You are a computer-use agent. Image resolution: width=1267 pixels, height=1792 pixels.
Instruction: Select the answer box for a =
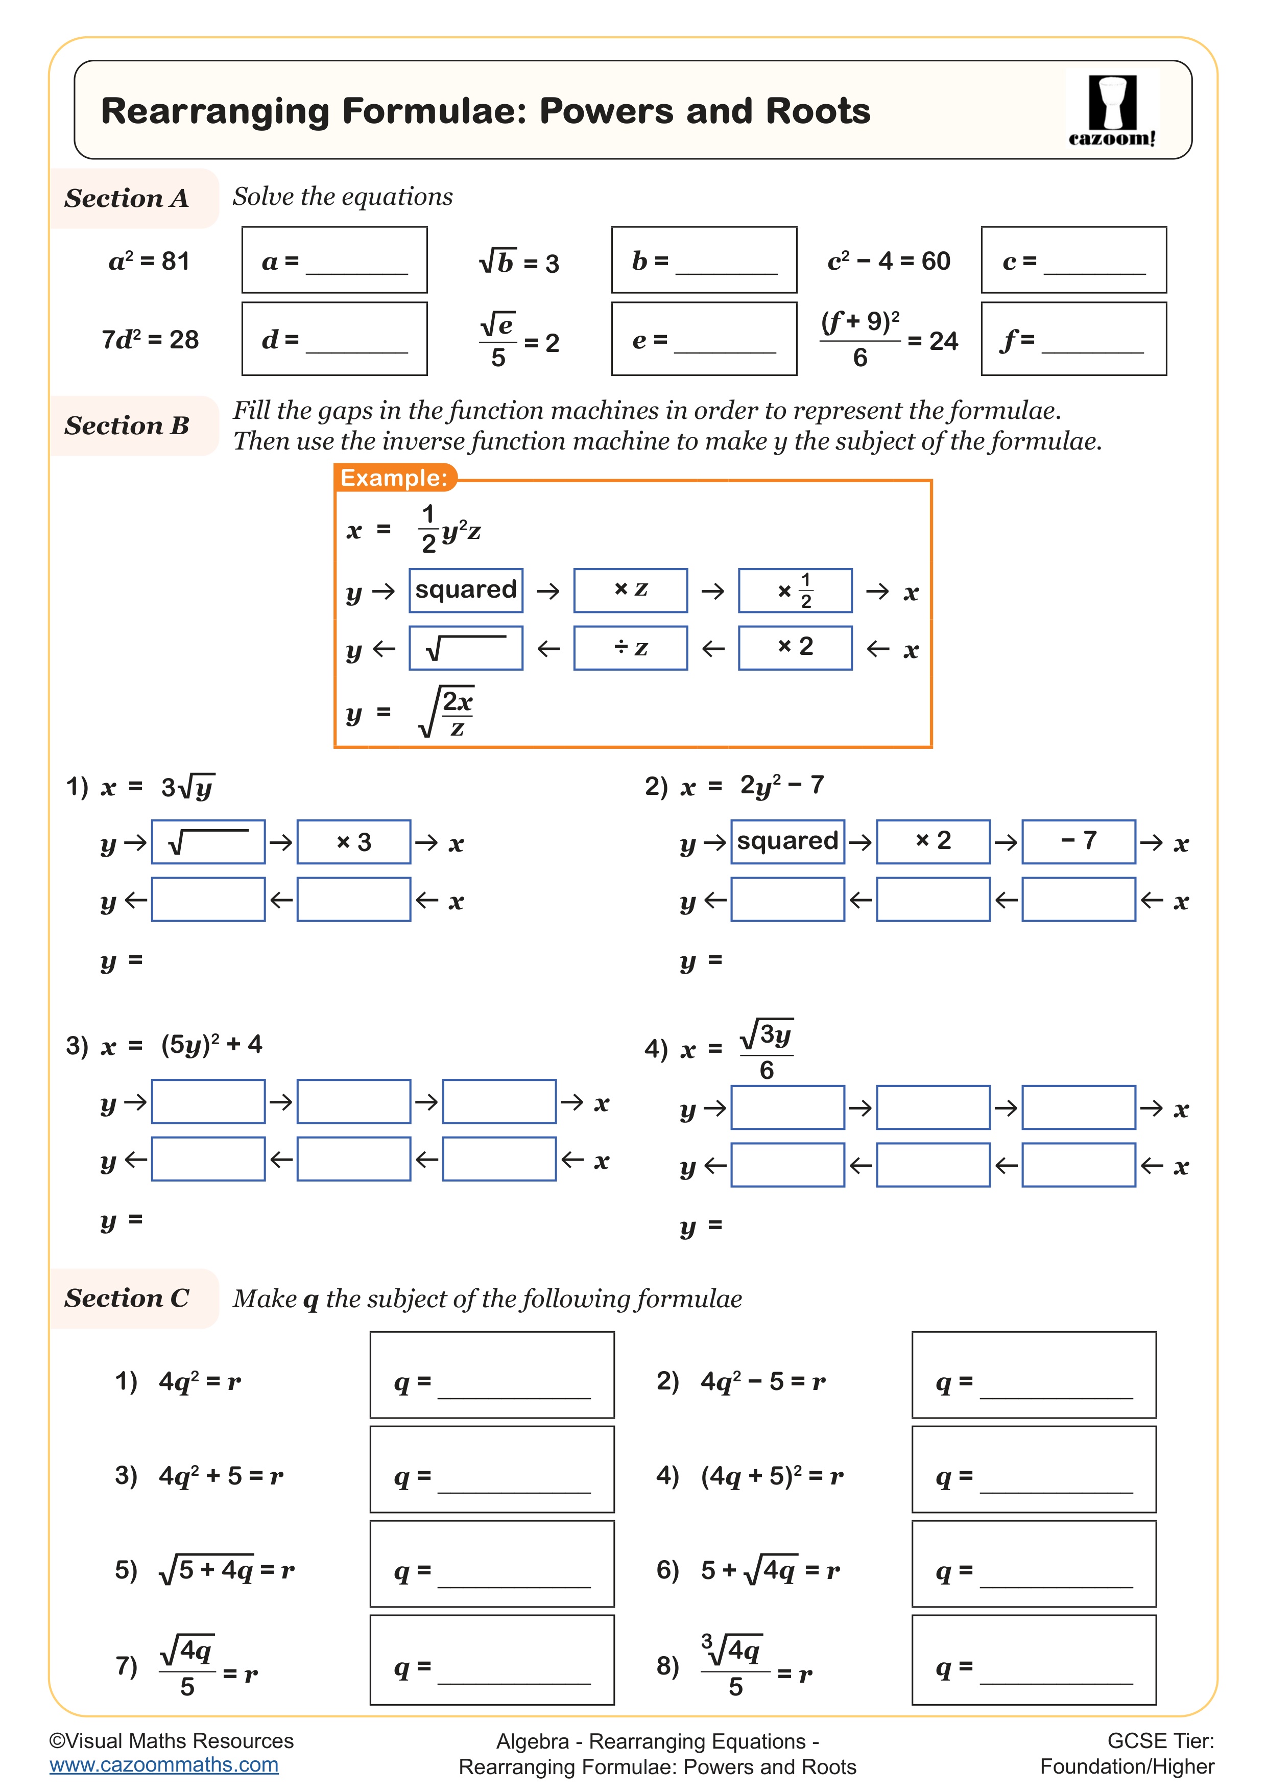pos(334,260)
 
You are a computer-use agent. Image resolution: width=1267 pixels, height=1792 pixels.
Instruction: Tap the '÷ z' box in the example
pos(630,648)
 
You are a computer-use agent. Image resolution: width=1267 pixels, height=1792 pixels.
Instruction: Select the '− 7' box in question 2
pos(1078,841)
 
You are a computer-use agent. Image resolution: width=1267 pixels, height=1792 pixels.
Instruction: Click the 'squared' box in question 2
pos(787,841)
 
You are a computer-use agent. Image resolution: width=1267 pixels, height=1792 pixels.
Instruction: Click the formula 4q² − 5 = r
pos(762,1381)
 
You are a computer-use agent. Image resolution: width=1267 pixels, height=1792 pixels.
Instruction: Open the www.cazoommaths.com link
pos(164,1765)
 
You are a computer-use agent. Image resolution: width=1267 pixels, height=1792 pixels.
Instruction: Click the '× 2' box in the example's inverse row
pos(795,647)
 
